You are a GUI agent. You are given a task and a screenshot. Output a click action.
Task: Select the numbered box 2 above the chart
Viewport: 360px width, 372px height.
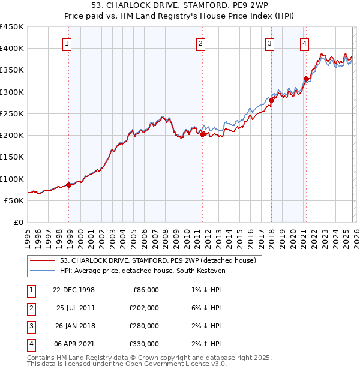[200, 43]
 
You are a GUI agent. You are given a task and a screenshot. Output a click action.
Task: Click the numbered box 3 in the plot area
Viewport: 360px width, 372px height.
[270, 43]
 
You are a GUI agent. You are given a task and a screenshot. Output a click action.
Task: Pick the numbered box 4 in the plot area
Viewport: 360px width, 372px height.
[305, 43]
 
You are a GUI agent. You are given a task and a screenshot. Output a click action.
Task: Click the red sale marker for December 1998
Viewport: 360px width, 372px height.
[69, 185]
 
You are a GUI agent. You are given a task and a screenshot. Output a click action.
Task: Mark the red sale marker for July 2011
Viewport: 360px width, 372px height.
[203, 134]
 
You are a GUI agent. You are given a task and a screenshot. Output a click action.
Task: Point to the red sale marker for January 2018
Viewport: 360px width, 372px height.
[271, 101]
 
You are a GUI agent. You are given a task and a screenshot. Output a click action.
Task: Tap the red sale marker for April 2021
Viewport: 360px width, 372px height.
[306, 79]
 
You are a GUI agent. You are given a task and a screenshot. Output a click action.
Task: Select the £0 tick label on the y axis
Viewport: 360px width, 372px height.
[18, 222]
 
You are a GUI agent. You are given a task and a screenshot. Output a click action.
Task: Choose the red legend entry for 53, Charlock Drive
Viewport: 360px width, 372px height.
[158, 260]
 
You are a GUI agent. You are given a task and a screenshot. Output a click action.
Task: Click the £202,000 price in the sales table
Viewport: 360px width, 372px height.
[145, 308]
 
